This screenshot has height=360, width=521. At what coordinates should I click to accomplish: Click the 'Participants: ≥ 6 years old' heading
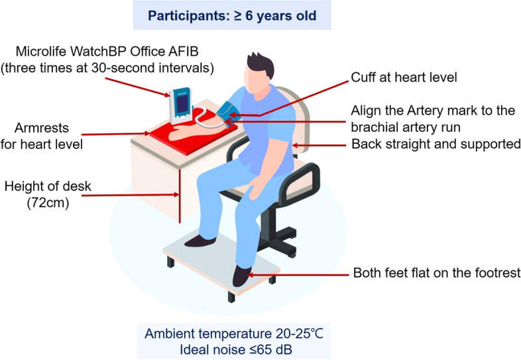(x=260, y=15)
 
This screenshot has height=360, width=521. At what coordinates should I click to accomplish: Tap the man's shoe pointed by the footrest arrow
(x=241, y=276)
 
